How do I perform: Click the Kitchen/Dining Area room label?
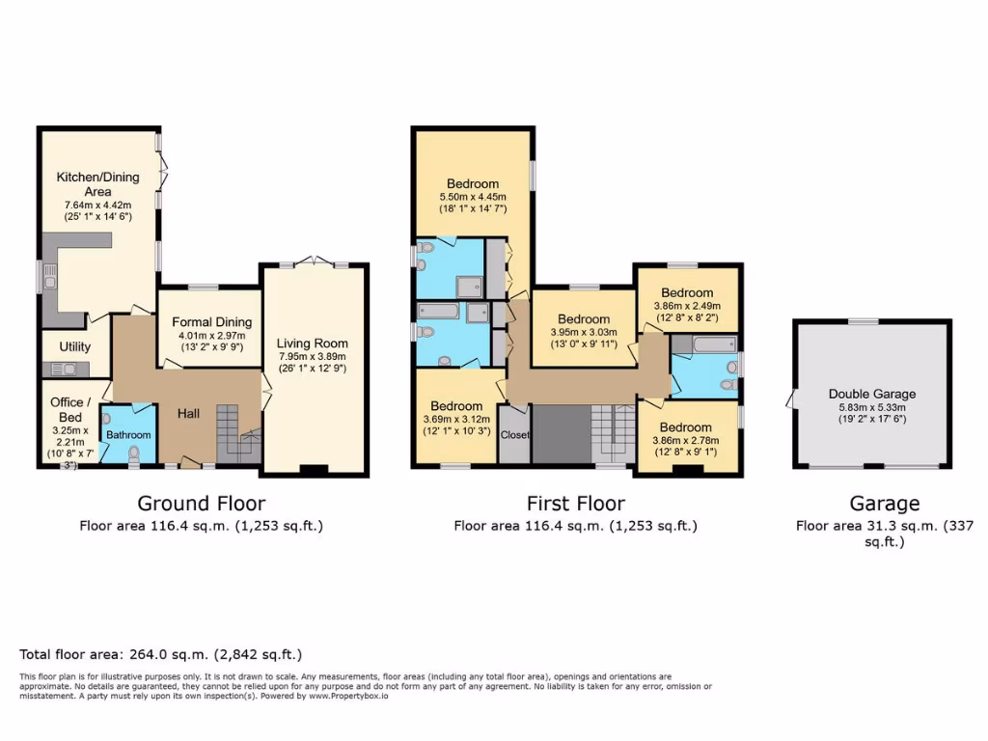pyautogui.click(x=97, y=184)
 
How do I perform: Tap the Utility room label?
pyautogui.click(x=74, y=347)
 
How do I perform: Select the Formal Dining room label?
pyautogui.click(x=211, y=322)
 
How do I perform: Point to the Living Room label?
pyautogui.click(x=312, y=343)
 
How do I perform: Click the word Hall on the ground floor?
pyautogui.click(x=188, y=413)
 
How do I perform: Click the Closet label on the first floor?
pyautogui.click(x=514, y=435)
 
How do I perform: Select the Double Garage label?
pyautogui.click(x=871, y=394)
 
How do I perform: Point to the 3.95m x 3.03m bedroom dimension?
pyautogui.click(x=584, y=333)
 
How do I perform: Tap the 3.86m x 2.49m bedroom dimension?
pyautogui.click(x=687, y=306)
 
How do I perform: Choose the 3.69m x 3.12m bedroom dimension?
pyautogui.click(x=456, y=420)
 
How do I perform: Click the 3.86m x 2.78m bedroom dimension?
pyautogui.click(x=687, y=440)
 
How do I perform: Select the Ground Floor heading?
pyautogui.click(x=201, y=503)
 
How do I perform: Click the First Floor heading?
pyautogui.click(x=575, y=503)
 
